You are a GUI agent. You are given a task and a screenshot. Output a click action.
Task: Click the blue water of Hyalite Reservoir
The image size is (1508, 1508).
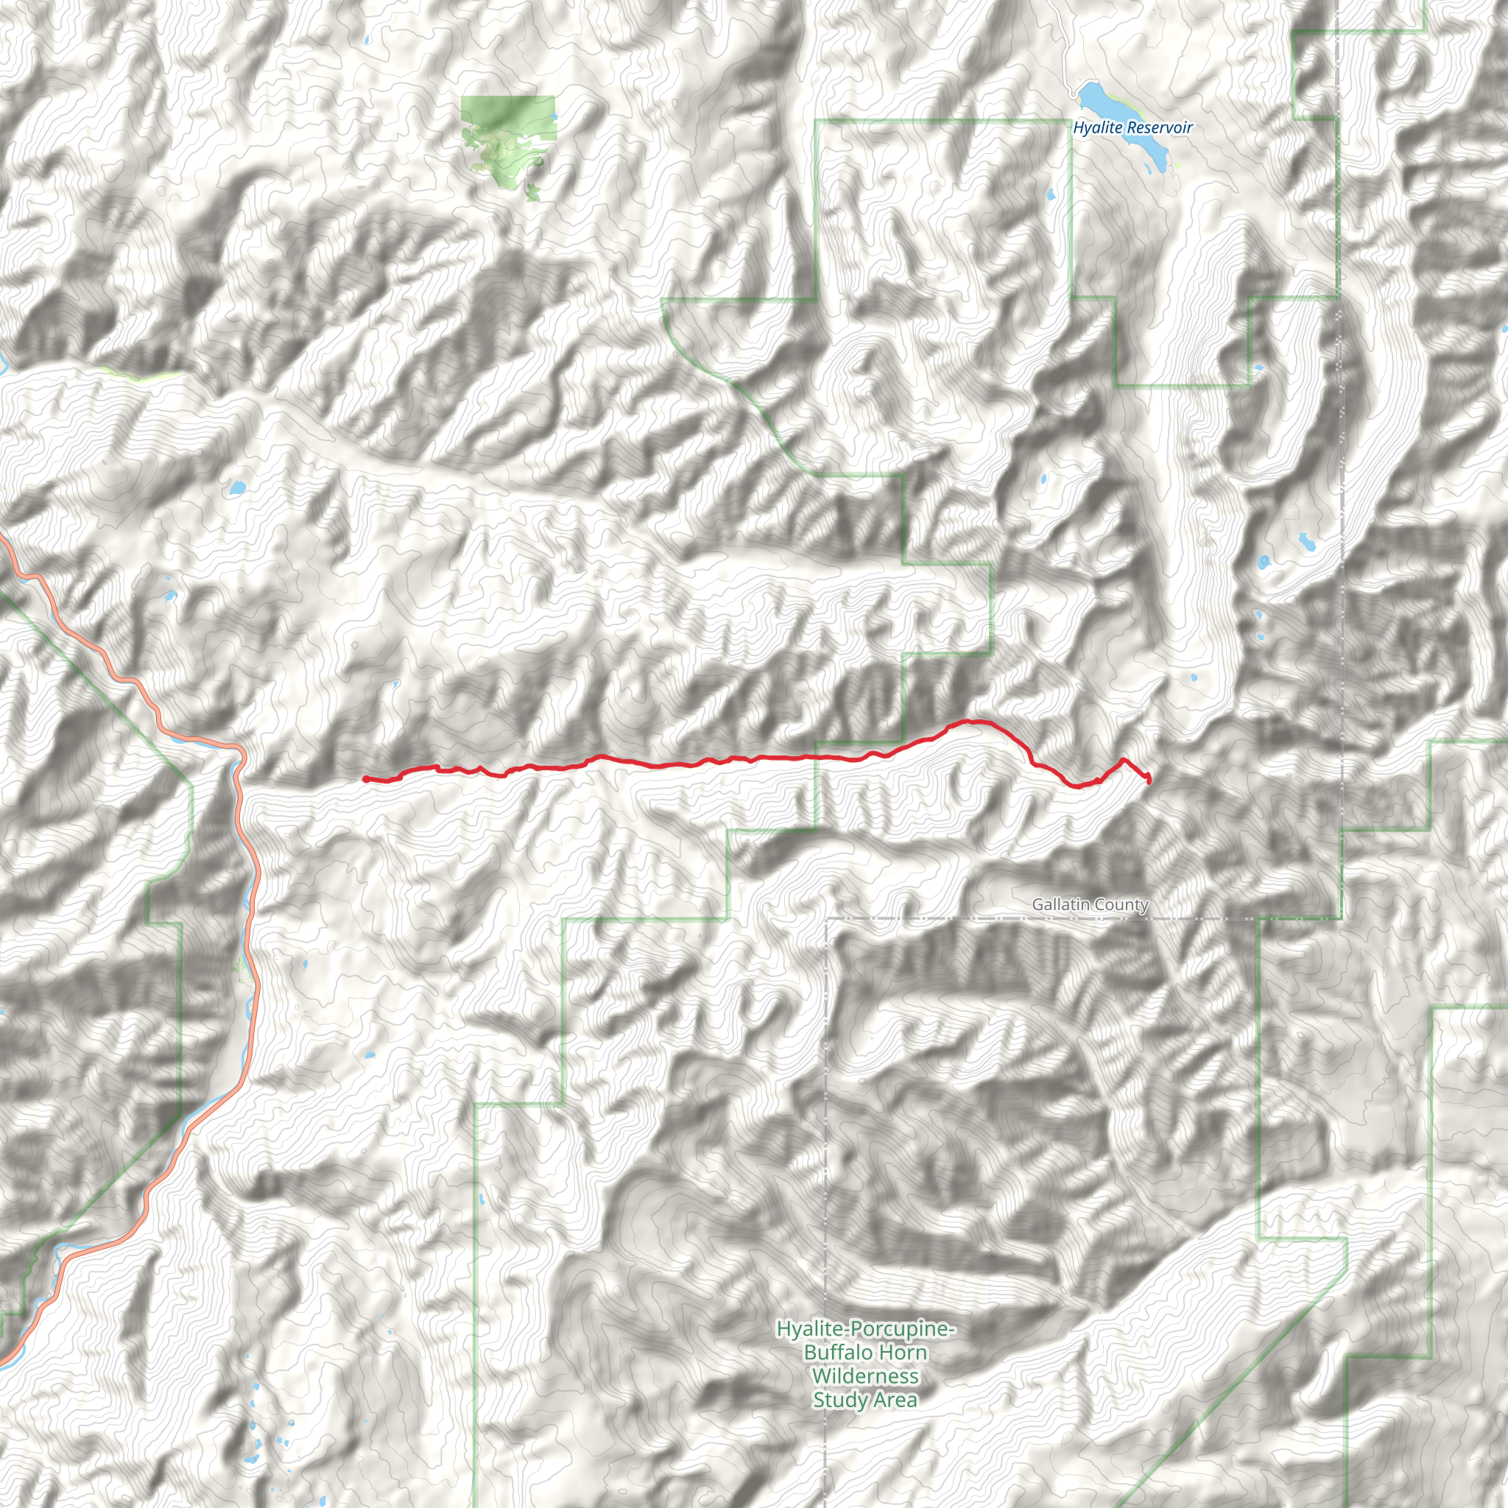[1096, 99]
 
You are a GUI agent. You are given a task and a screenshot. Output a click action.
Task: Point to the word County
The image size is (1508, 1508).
[1121, 905]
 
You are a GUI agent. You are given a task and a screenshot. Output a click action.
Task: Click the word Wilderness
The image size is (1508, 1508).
[865, 1375]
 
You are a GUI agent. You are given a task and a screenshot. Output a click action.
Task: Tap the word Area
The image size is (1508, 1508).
[895, 1400]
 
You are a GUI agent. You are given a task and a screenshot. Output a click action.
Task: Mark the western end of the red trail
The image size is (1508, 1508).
[365, 778]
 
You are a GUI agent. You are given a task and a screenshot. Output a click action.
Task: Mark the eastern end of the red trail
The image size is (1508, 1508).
[1149, 779]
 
